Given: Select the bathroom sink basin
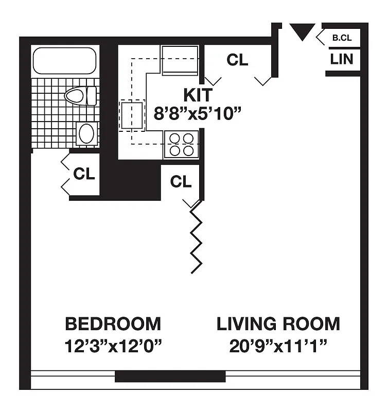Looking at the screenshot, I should point(85,134).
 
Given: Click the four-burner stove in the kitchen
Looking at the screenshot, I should point(181,144).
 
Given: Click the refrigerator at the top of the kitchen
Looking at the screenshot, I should point(180,60).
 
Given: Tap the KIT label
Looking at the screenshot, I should point(198,95).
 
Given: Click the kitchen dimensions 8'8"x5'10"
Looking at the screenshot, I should point(198,113).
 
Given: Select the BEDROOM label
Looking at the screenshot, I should point(113,324).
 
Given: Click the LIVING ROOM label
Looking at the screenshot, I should point(278,324).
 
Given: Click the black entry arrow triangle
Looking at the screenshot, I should point(301,32).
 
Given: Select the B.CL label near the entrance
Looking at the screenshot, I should point(341,38).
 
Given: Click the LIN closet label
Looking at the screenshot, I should point(342,59).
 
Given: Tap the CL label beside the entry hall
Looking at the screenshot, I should point(237,60).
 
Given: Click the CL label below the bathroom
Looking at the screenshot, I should point(84,174).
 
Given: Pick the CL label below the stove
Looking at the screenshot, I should point(181,181).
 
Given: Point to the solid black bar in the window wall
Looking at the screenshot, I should point(170,376).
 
